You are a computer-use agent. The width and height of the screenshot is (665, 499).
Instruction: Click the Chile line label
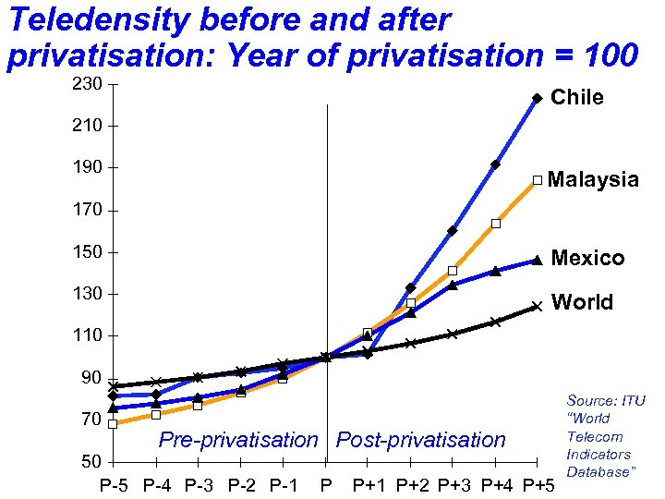[x=576, y=98]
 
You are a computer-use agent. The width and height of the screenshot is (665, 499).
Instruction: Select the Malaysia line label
[x=593, y=179]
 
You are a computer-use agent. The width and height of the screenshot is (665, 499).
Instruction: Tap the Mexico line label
[x=587, y=259]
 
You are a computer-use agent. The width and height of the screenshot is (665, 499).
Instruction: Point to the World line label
[x=581, y=303]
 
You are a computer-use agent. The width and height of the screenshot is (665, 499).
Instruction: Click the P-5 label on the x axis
[x=115, y=486]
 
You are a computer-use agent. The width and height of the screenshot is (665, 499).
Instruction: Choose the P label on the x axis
[x=325, y=486]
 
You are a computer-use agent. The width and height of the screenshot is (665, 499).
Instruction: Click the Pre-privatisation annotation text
[x=237, y=440]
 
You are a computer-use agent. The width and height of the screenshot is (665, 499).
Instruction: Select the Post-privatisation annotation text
[x=421, y=440]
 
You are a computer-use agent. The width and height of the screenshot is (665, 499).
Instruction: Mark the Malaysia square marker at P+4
[x=496, y=224]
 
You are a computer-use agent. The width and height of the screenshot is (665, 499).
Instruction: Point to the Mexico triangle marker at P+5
[x=537, y=261]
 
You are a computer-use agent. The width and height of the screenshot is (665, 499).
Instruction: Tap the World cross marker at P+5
[x=537, y=306]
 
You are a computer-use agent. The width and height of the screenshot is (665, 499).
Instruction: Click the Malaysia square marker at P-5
[x=113, y=424]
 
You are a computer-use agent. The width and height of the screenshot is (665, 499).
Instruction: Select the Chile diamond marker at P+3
[x=453, y=231]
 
